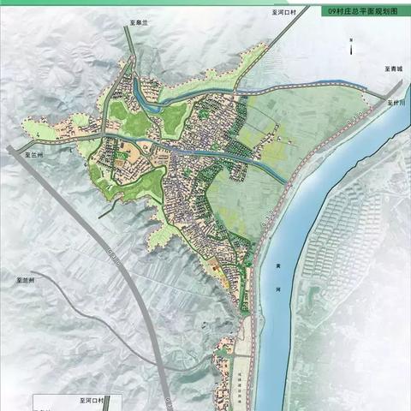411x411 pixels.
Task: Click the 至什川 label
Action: point(396,101)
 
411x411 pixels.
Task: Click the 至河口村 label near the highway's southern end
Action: point(85,400)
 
